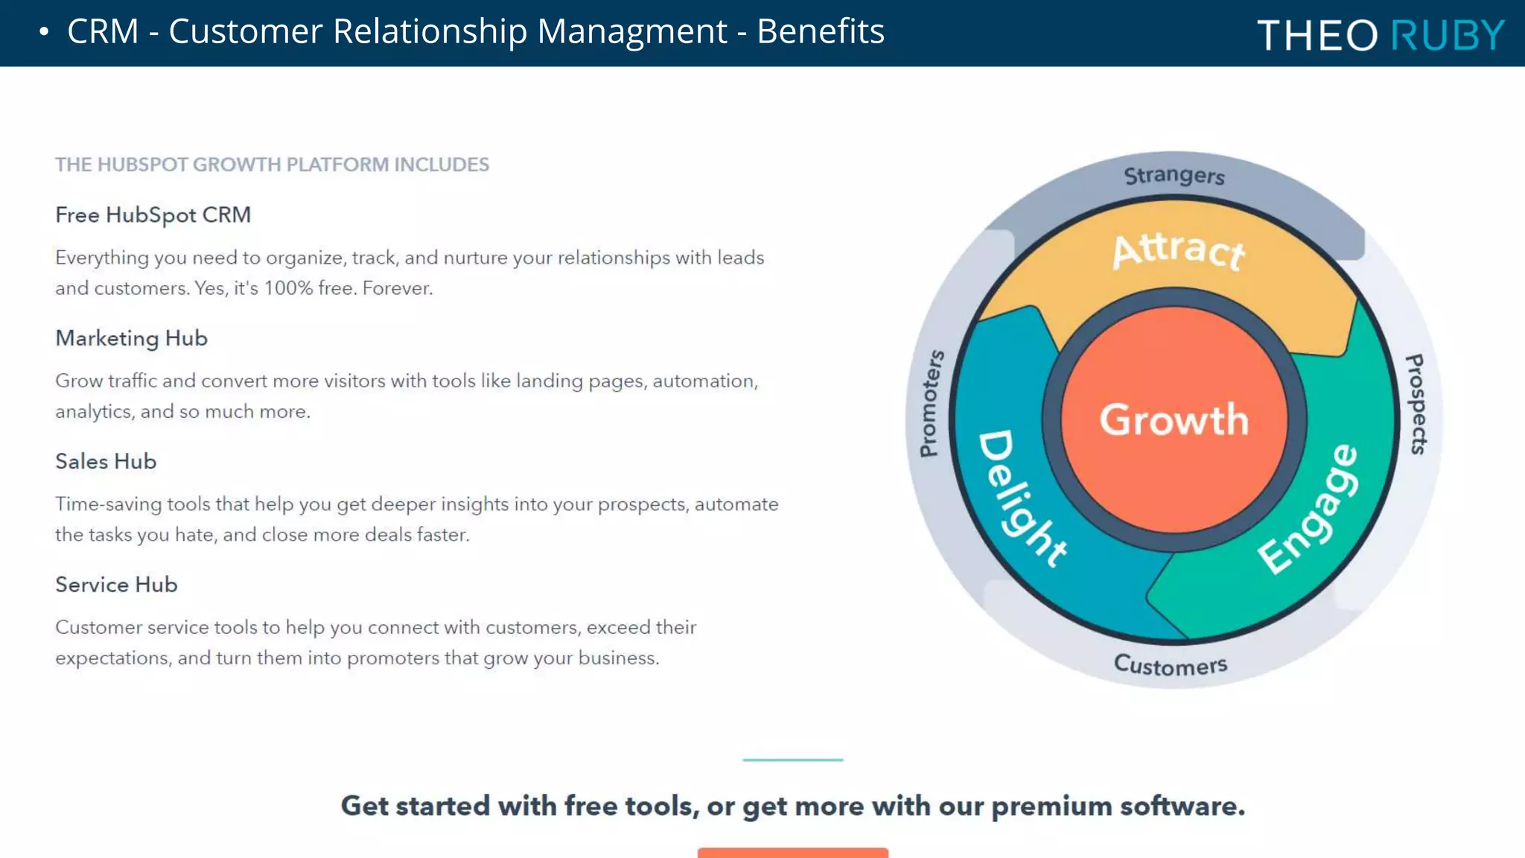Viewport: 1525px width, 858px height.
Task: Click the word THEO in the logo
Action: pyautogui.click(x=1317, y=35)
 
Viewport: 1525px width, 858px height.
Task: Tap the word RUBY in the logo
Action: pyautogui.click(x=1448, y=35)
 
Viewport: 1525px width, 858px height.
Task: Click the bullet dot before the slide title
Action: pyautogui.click(x=44, y=32)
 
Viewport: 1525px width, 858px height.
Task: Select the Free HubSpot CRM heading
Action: pyautogui.click(x=153, y=214)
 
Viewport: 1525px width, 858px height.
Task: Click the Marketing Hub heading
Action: pyautogui.click(x=131, y=338)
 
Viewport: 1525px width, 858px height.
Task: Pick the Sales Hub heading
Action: pyautogui.click(x=106, y=461)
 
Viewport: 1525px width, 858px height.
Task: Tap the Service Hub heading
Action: pyautogui.click(x=116, y=585)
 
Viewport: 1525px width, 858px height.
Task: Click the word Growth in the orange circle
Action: pyautogui.click(x=1174, y=419)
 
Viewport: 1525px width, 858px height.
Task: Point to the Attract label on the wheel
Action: pyautogui.click(x=1178, y=250)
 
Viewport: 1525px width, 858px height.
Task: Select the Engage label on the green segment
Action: pyautogui.click(x=1309, y=509)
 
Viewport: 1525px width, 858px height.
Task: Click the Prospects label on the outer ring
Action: pyautogui.click(x=1416, y=404)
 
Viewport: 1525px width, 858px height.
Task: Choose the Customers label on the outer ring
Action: pyautogui.click(x=1170, y=664)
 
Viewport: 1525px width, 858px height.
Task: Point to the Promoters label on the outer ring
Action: pyautogui.click(x=931, y=404)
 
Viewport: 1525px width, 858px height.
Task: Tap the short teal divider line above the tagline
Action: pyautogui.click(x=792, y=760)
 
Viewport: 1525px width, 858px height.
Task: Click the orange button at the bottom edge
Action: pyautogui.click(x=792, y=853)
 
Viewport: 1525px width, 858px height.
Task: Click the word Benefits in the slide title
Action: pyautogui.click(x=820, y=31)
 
